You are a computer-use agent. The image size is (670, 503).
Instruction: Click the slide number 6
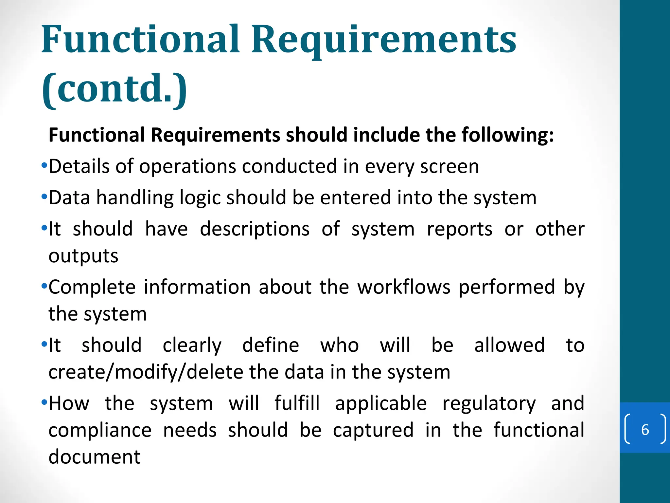point(645,430)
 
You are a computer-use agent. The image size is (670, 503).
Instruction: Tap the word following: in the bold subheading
point(507,135)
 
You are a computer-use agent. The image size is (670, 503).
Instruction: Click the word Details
point(79,166)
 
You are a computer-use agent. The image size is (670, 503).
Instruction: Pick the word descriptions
point(255,229)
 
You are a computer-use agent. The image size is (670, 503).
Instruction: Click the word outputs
point(83,256)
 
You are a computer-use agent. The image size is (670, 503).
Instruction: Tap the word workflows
point(404,287)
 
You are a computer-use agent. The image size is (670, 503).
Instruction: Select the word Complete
point(92,288)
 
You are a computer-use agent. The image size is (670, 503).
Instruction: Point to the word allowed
point(509,345)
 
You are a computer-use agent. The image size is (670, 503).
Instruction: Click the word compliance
point(100,430)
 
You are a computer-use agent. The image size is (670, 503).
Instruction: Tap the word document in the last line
point(95,457)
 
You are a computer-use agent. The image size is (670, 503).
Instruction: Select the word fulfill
point(297,403)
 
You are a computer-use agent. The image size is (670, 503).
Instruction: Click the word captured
point(373,430)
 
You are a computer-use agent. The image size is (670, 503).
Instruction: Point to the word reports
point(459,229)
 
